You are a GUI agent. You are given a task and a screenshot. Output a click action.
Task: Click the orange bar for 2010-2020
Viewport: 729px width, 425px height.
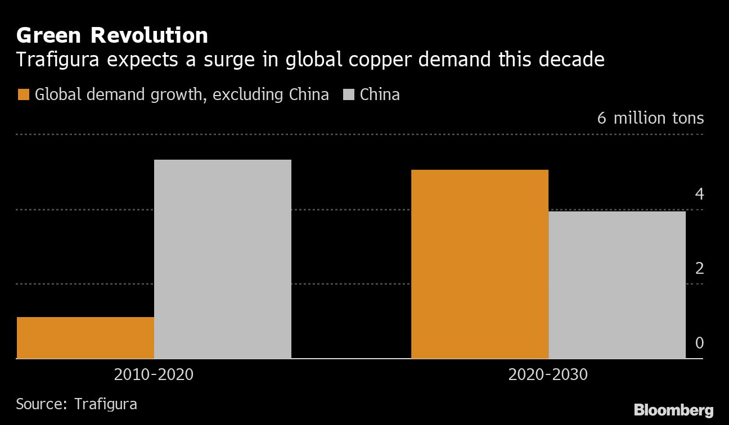point(85,337)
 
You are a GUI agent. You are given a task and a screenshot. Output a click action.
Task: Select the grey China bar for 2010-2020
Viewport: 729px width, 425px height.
point(223,259)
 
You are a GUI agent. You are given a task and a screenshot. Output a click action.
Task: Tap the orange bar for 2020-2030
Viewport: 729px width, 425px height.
point(480,264)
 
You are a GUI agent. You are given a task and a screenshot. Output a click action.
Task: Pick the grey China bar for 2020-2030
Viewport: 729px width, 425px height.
point(617,284)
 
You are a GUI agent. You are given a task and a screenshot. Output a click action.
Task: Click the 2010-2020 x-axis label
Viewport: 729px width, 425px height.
point(154,374)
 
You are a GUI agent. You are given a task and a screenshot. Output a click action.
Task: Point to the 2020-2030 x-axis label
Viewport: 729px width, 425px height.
point(548,374)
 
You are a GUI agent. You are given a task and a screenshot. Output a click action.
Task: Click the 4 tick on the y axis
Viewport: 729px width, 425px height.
point(699,195)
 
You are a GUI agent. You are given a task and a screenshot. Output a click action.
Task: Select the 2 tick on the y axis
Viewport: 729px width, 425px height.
point(699,269)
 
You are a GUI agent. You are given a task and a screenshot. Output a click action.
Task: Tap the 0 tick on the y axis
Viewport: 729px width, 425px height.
point(699,343)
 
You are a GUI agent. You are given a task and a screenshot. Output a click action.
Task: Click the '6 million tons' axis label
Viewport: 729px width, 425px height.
point(650,119)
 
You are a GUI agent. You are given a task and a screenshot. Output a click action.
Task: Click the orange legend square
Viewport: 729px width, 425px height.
point(23,94)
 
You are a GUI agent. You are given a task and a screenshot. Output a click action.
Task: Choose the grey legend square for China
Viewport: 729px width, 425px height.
point(348,94)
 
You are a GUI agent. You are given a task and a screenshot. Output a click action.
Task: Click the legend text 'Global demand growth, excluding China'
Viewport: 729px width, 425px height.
point(182,94)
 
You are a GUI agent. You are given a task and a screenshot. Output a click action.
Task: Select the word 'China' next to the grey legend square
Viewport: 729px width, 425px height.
point(380,94)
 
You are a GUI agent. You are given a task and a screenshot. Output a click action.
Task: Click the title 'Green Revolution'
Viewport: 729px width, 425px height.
point(112,35)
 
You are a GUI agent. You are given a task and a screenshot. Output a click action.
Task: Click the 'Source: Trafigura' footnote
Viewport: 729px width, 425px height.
point(76,404)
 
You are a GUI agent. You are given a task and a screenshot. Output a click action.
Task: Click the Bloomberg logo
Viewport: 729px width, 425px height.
point(673,410)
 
